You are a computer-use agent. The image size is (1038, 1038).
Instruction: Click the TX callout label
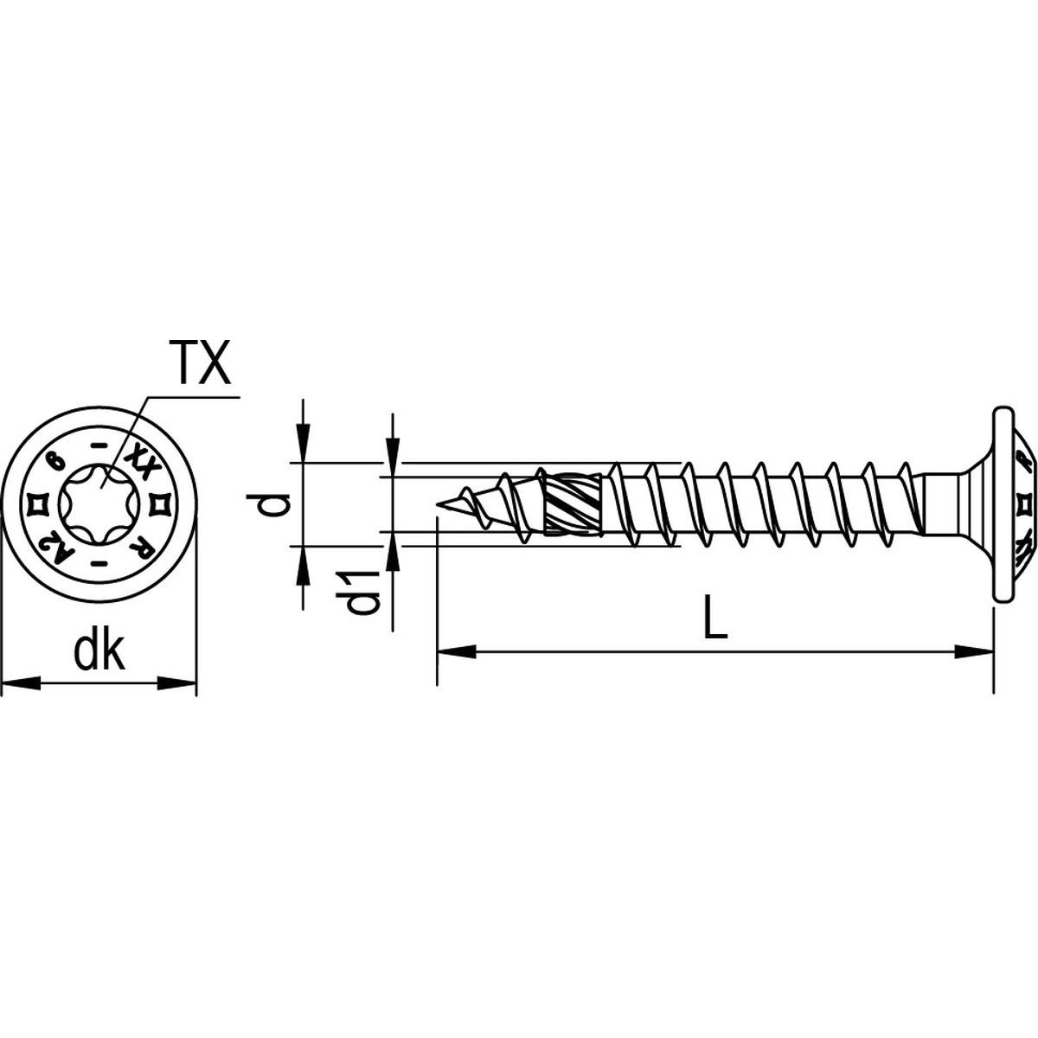coord(200,363)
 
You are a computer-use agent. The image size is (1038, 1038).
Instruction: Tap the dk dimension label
coord(99,652)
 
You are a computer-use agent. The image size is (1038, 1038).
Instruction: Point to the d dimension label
coord(275,503)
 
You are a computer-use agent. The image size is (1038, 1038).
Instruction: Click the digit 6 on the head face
coord(56,460)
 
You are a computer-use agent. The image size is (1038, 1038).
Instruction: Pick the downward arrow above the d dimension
coord(302,441)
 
